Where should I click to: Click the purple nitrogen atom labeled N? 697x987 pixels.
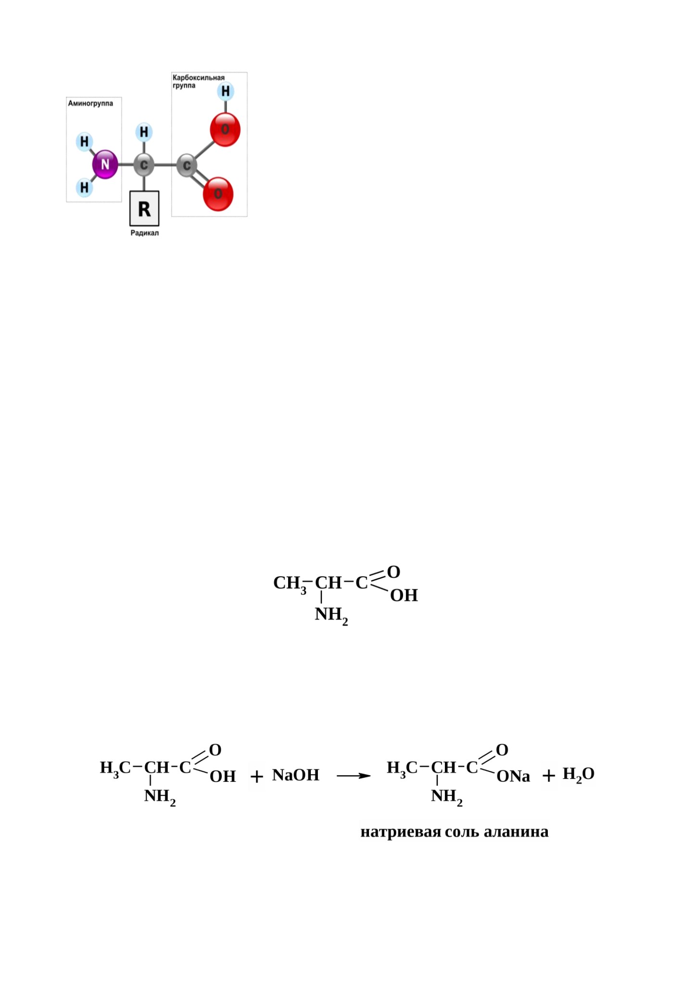105,165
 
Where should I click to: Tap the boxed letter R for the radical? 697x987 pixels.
144,209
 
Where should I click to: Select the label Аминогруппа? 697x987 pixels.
90,103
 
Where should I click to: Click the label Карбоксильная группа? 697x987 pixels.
198,81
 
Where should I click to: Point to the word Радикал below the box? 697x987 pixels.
144,233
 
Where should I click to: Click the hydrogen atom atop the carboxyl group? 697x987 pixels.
225,91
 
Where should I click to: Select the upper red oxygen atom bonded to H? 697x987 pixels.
225,130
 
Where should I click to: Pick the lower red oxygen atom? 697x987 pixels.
218,194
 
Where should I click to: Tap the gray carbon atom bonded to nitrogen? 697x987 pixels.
144,165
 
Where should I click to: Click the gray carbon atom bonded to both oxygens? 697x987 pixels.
187,165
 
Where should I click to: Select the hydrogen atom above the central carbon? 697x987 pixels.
144,132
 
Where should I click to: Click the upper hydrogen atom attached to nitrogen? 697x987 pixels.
84,142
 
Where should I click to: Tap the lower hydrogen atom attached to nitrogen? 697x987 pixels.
84,187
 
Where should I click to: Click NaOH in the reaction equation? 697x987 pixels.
296,775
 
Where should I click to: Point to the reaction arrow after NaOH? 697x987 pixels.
354,776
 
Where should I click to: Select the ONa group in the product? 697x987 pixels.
513,776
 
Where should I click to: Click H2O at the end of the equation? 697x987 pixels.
579,774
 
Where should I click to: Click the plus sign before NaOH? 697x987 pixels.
257,776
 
